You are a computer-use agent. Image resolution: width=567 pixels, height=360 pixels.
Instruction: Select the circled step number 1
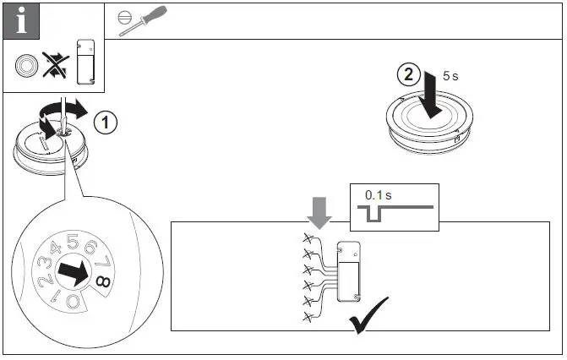coord(105,123)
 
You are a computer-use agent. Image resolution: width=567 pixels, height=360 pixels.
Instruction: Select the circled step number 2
coord(407,74)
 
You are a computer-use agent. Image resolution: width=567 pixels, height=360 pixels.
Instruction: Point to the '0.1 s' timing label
coord(378,195)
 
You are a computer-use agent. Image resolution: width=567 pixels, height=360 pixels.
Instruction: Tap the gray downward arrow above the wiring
coord(320,212)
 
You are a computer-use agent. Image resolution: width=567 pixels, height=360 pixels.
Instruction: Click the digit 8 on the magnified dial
coord(101,282)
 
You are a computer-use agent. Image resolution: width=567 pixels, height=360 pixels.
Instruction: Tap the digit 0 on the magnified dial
coord(74,302)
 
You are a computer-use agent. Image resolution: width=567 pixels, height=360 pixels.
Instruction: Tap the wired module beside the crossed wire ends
coord(349,270)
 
